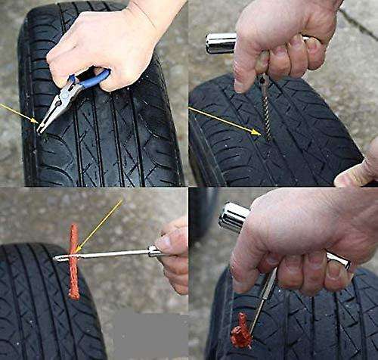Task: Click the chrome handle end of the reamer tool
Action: [x=220, y=43]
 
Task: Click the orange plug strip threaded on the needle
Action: [x=73, y=261]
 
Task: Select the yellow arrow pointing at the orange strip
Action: [x=100, y=225]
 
